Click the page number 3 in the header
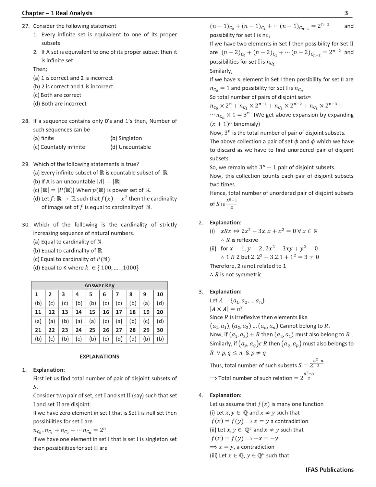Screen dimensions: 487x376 coord(346,13)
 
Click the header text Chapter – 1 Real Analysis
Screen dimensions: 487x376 coord(57,13)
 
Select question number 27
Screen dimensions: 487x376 coord(26,26)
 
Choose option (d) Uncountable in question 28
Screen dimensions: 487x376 coord(130,147)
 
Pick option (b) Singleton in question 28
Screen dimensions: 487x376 coord(126,138)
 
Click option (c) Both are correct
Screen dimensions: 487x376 coord(57,95)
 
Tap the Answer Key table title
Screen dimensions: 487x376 coord(99,285)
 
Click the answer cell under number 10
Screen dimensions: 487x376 coord(160,303)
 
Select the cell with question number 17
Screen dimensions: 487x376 coord(119,312)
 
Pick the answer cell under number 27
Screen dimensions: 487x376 coord(119,339)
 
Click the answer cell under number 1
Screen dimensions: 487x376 coord(38,303)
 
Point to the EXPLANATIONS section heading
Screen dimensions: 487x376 coord(99,356)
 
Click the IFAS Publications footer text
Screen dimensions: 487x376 coord(329,469)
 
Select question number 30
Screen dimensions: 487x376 coord(26,225)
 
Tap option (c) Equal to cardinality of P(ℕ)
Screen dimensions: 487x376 coord(71,259)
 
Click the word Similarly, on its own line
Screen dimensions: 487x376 coord(221,71)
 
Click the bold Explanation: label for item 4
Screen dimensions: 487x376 coord(225,395)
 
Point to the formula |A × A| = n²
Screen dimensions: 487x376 coord(226,309)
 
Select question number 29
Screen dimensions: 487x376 coord(26,164)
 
